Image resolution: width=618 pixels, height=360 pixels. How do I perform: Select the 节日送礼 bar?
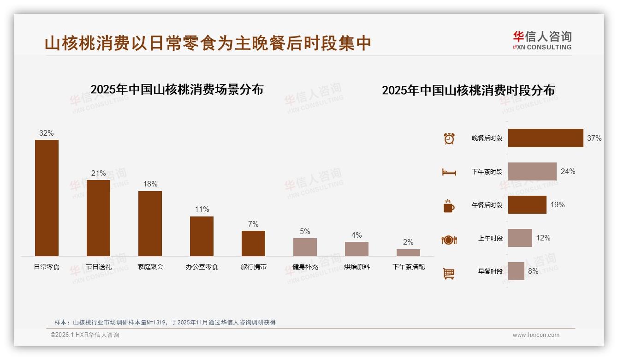[x=98, y=218]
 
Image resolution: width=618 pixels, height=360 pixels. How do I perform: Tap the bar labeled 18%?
[x=150, y=223]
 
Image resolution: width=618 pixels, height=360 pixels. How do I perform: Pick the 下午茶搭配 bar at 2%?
[x=408, y=252]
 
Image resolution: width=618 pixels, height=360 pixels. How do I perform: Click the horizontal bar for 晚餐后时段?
[x=546, y=138]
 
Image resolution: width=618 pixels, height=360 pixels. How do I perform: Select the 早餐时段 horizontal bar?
[x=516, y=271]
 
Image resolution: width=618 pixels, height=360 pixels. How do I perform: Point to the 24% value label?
[x=568, y=172]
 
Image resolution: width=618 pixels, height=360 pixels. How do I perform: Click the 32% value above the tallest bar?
[x=46, y=133]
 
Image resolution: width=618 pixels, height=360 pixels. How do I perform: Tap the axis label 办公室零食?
[x=202, y=267]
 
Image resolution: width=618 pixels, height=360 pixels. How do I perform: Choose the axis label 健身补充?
[x=305, y=267]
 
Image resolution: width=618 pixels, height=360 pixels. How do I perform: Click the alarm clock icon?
[x=449, y=138]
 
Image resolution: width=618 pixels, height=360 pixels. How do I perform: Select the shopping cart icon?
[x=449, y=273]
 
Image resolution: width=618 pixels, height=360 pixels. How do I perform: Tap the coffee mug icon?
[x=449, y=206]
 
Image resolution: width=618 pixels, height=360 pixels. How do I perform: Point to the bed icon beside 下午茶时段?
[x=449, y=172]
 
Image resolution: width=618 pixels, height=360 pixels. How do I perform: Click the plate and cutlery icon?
[x=449, y=240]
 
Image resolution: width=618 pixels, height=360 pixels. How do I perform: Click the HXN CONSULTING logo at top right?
[x=542, y=41]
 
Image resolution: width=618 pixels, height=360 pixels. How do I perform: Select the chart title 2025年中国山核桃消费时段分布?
[x=468, y=90]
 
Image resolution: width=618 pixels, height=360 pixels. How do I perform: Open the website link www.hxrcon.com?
[x=536, y=335]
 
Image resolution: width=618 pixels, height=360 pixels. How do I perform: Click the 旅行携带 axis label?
[x=253, y=267]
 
